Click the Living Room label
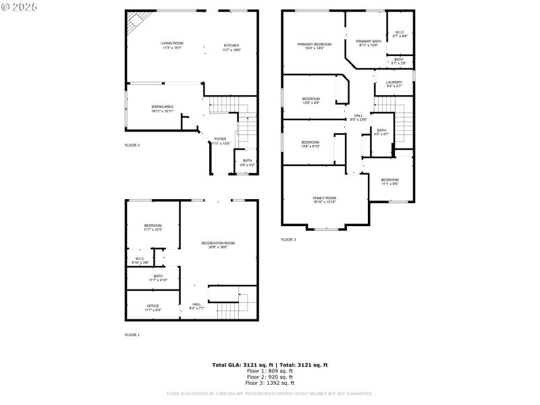[171, 46]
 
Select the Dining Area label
[162, 109]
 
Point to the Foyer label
[220, 141]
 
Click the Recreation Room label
[218, 245]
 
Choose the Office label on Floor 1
[153, 308]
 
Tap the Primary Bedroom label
[315, 46]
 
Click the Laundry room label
[394, 84]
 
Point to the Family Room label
[324, 200]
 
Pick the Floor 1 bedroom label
[153, 227]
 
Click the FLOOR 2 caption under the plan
[132, 145]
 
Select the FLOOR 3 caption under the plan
[288, 239]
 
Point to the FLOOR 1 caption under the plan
[132, 335]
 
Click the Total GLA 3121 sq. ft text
[270, 364]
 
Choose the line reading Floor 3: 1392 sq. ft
[270, 383]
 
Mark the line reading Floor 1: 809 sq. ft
[270, 371]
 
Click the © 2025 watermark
[20, 7]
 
